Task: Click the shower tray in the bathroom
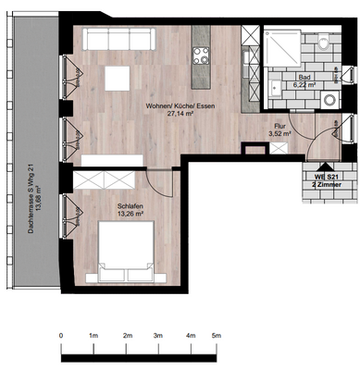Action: click(282, 45)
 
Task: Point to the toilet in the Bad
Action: click(323, 43)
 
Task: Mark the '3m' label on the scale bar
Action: click(158, 336)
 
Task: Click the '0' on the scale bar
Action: click(61, 336)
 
